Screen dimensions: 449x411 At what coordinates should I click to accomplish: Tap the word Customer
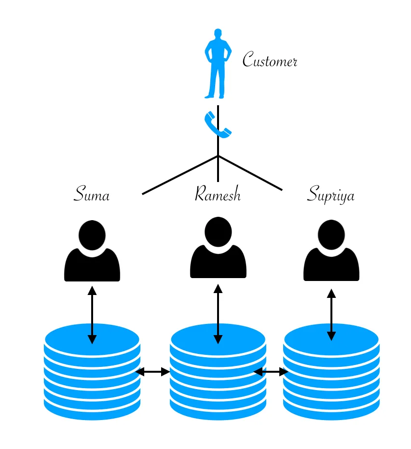pyautogui.click(x=270, y=60)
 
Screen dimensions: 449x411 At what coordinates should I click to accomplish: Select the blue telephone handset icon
pyautogui.click(x=217, y=125)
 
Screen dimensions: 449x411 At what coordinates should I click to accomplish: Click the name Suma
pyautogui.click(x=92, y=194)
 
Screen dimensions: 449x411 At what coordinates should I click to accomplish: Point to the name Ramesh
pyautogui.click(x=218, y=194)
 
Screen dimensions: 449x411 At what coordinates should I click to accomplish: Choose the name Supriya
pyautogui.click(x=331, y=195)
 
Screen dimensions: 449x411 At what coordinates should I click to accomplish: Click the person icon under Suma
pyautogui.click(x=92, y=253)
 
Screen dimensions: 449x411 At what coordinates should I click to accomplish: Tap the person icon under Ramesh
pyautogui.click(x=218, y=251)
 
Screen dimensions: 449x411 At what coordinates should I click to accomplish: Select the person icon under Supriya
pyautogui.click(x=331, y=253)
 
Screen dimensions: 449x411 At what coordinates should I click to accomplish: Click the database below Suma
pyautogui.click(x=92, y=381)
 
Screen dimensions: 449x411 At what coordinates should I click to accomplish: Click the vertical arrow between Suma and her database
pyautogui.click(x=92, y=314)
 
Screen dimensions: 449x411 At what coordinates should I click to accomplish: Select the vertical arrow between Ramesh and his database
pyautogui.click(x=218, y=313)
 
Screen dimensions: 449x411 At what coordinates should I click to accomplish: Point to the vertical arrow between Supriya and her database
pyautogui.click(x=331, y=314)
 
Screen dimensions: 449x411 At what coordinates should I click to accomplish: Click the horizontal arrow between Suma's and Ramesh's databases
pyautogui.click(x=152, y=372)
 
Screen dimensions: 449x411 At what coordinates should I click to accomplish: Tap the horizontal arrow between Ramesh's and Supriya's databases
pyautogui.click(x=271, y=372)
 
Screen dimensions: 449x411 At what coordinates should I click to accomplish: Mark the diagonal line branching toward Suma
pyautogui.click(x=180, y=175)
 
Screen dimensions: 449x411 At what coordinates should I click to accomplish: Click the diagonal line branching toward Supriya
pyautogui.click(x=250, y=173)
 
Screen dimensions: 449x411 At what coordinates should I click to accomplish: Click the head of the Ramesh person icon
pyautogui.click(x=218, y=231)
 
